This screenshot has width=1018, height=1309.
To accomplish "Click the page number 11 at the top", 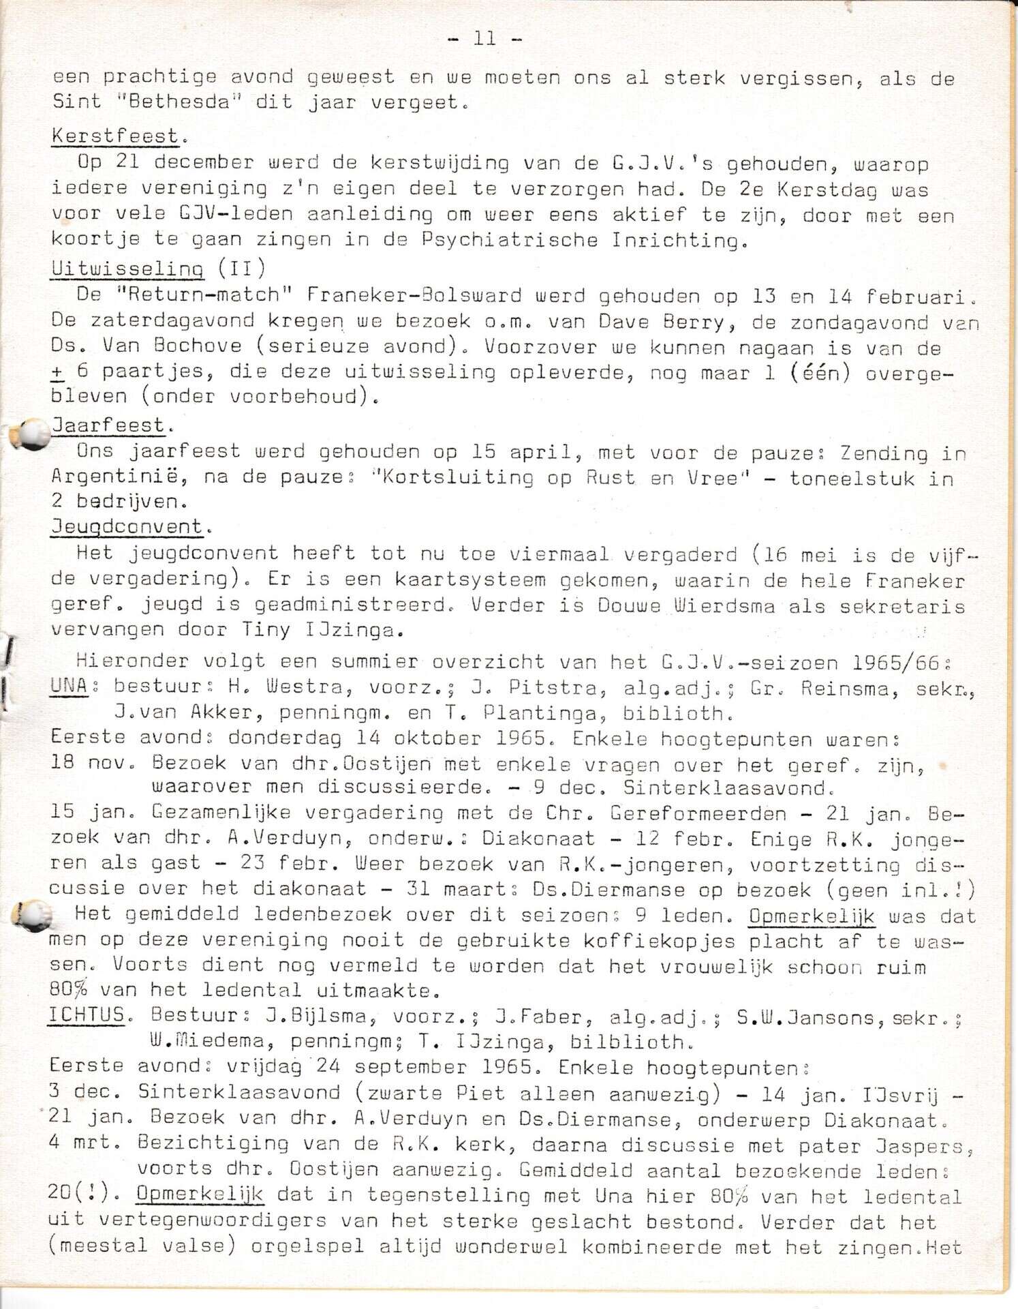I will pos(484,39).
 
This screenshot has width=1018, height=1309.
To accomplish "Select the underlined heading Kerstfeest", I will pos(116,136).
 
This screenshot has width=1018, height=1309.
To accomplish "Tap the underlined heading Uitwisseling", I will pos(127,269).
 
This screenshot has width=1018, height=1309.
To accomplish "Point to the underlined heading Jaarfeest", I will pos(109,426).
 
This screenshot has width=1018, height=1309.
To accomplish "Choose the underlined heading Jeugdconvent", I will pos(127,527).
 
